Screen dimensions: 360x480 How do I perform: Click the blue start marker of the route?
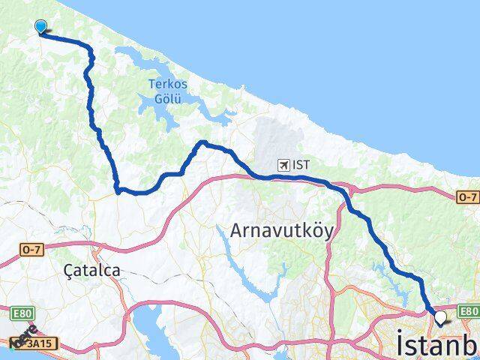(40, 27)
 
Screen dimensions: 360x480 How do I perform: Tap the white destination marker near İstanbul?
(439, 318)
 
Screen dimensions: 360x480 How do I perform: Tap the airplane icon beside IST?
(283, 164)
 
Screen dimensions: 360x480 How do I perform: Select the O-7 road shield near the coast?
(467, 196)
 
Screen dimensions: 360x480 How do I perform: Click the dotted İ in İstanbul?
(399, 343)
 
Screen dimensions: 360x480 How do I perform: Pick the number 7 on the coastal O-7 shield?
(472, 196)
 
